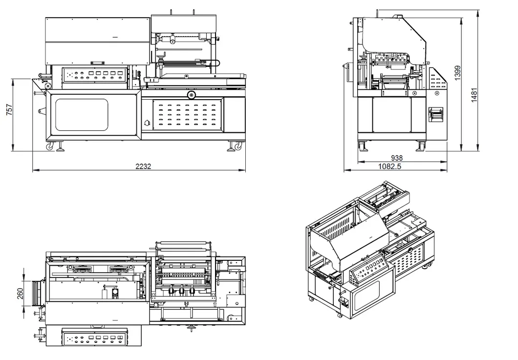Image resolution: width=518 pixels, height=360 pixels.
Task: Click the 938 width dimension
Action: (397, 158)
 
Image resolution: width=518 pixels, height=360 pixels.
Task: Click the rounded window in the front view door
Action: (82, 115)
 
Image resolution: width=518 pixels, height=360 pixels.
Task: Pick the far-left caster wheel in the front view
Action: (50, 146)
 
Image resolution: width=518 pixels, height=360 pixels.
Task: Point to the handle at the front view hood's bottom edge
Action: (97, 63)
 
